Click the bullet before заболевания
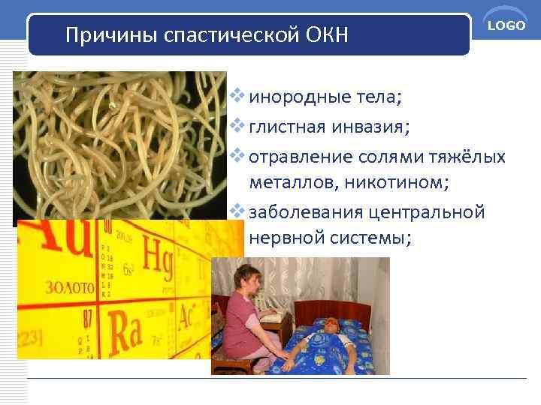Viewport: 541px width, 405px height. tap(238, 212)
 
